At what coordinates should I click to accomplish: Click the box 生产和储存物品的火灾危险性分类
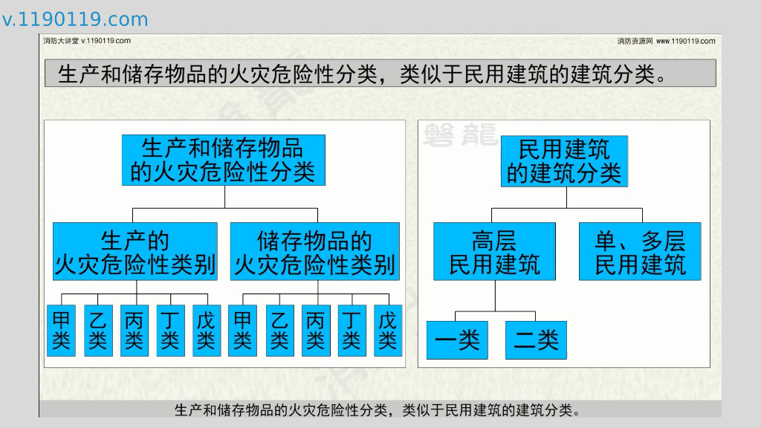[223, 160]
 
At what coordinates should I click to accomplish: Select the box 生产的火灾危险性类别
[135, 252]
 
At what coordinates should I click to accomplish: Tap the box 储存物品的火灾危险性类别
[314, 252]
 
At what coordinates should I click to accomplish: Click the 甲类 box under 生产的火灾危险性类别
[61, 331]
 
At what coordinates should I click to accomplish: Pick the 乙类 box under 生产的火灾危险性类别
[98, 331]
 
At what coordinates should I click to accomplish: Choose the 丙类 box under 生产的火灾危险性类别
[135, 331]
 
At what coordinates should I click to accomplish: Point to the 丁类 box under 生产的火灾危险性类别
[171, 331]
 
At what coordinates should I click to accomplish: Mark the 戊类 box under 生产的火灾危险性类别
[207, 331]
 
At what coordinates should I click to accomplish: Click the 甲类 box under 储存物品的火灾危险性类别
[242, 331]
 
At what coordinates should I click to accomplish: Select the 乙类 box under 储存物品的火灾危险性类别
[279, 331]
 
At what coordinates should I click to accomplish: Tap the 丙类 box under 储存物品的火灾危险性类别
[316, 331]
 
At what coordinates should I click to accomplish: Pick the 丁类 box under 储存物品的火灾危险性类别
[352, 331]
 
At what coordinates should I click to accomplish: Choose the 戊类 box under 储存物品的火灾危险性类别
[388, 331]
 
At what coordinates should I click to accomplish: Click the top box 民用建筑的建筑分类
[565, 160]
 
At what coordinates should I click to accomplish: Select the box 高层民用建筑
[494, 252]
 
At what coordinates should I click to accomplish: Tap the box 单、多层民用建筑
[640, 252]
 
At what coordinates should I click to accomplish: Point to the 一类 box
[457, 340]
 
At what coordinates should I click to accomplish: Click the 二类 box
[536, 340]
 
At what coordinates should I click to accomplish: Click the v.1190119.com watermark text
[75, 19]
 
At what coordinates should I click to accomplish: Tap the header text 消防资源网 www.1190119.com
[666, 41]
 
